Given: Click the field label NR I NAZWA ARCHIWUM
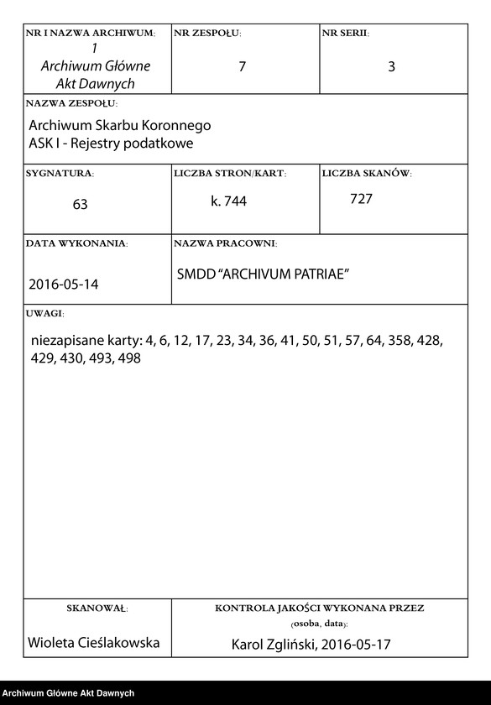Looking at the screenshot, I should coord(91,33).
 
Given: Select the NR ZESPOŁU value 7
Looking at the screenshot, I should coord(242,66).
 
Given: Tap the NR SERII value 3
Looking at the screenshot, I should coord(391,67).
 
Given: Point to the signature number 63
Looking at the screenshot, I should coord(80,204).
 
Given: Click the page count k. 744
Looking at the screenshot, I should coord(229,201).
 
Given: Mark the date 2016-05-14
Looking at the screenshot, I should coord(64,284).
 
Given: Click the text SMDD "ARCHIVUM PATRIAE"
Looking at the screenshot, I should coord(263,274).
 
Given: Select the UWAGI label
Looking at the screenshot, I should coord(45,312).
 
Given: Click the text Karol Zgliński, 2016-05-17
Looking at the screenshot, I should coord(311,645).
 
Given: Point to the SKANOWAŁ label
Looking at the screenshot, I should coord(97,607).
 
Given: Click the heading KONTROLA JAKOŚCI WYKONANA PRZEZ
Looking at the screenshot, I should coord(319,607).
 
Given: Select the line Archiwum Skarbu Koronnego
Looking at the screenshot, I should coord(120,125).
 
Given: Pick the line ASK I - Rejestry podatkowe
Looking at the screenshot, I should coord(111,143).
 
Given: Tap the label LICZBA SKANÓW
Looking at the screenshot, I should coord(367,173).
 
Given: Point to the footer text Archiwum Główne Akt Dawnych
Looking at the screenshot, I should coord(68,693).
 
